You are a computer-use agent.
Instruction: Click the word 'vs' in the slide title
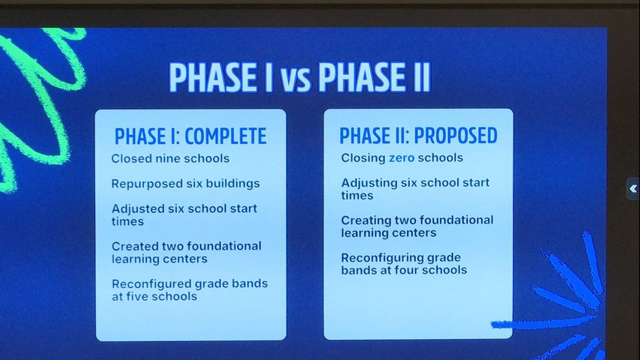point(295,79)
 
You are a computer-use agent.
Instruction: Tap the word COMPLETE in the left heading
point(226,136)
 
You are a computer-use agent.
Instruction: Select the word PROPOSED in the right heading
point(456,136)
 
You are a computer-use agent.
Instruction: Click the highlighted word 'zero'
point(402,157)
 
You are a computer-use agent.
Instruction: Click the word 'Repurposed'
point(148,184)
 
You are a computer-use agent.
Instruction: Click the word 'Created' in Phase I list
point(135,246)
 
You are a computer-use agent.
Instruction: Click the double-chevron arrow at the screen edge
point(633,188)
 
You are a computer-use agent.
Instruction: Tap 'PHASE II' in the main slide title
point(374,77)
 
